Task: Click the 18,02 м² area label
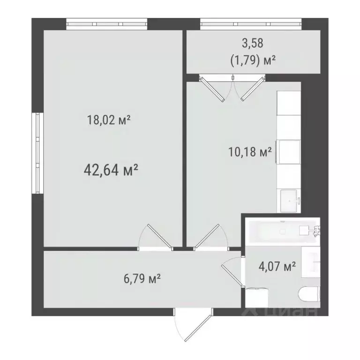tap(108, 120)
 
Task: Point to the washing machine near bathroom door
tap(256, 295)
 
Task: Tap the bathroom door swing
tap(231, 272)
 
